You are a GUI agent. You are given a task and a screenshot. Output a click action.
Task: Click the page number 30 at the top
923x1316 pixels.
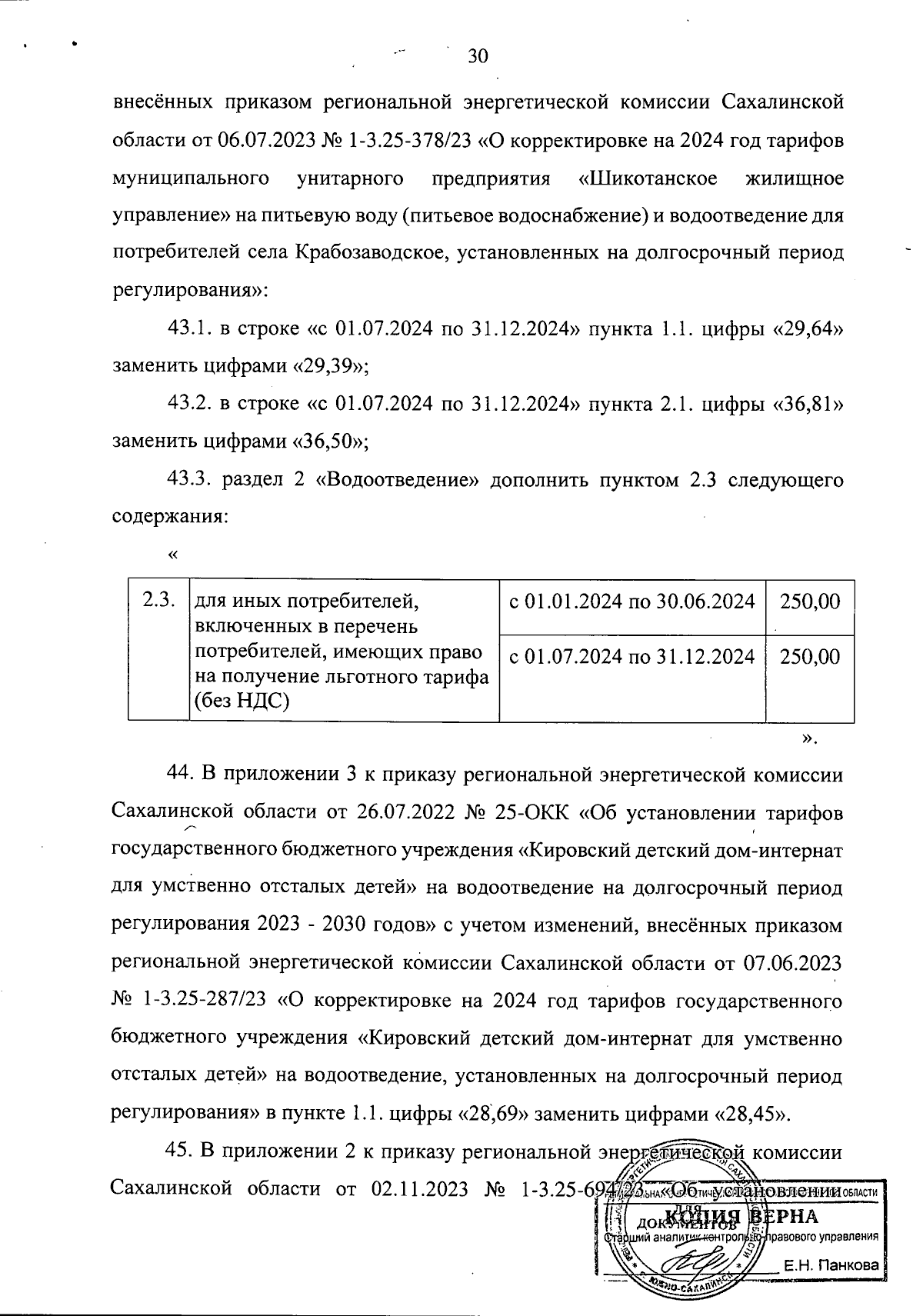pyautogui.click(x=478, y=56)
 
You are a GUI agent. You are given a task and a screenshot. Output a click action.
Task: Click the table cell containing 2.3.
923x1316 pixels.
pyautogui.click(x=158, y=601)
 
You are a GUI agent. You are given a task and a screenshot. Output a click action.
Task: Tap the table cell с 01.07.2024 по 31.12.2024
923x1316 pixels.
pyautogui.click(x=631, y=657)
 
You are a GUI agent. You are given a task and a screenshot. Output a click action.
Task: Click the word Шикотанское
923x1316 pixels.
pyautogui.click(x=647, y=178)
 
